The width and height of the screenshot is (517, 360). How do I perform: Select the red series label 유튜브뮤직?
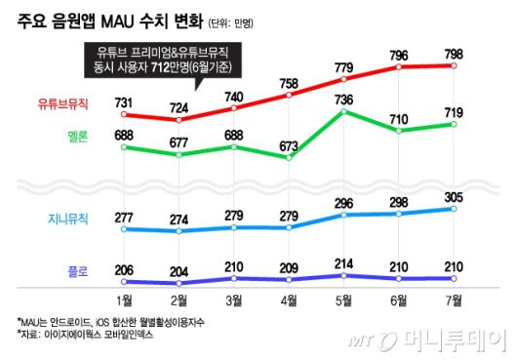[x=62, y=101]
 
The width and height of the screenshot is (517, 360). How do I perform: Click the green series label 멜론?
[x=77, y=138]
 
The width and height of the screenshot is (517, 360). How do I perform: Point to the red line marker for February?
[x=179, y=120]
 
